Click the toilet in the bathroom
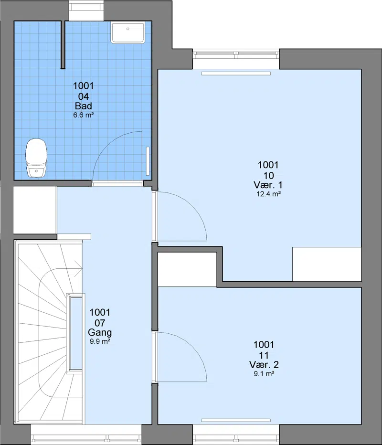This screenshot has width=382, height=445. pyautogui.click(x=36, y=158)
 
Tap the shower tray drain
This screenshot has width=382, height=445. pyautogui.click(x=127, y=29)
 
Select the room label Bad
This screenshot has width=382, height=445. pyautogui.click(x=84, y=106)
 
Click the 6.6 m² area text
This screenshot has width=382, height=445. pyautogui.click(x=84, y=115)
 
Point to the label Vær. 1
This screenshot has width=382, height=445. pyautogui.click(x=268, y=185)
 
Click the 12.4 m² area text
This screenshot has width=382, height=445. pyautogui.click(x=268, y=194)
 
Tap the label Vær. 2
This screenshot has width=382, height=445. pyautogui.click(x=264, y=364)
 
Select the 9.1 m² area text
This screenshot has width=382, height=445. pyautogui.click(x=264, y=374)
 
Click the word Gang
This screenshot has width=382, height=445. pyautogui.click(x=100, y=332)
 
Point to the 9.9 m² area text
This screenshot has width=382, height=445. pyautogui.click(x=100, y=341)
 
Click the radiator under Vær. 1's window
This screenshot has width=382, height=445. pyautogui.click(x=236, y=74)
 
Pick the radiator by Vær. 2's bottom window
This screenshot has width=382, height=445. pyautogui.click(x=236, y=420)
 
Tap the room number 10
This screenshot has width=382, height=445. pyautogui.click(x=268, y=176)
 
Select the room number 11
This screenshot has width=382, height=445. pyautogui.click(x=264, y=355)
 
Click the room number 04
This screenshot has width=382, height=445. pyautogui.click(x=84, y=96)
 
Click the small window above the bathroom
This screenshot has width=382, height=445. pyautogui.click(x=87, y=11)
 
